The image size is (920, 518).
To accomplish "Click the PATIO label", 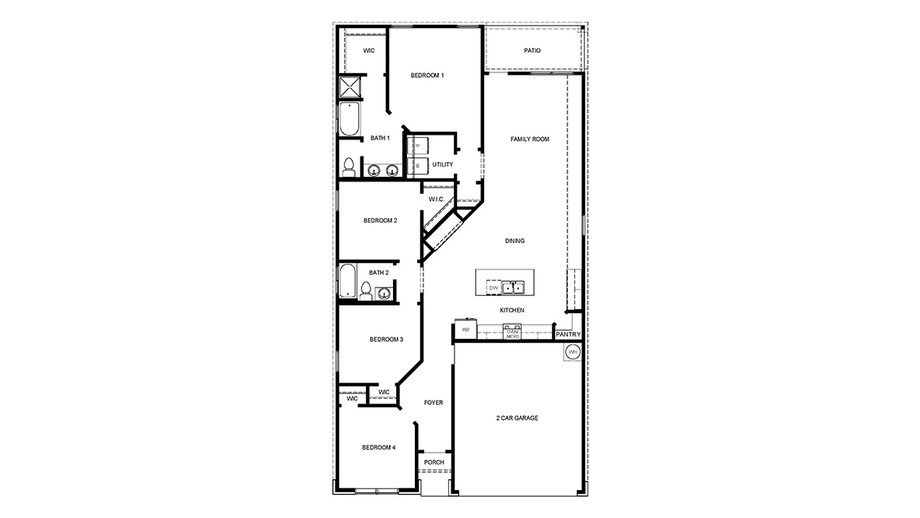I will pyautogui.click(x=532, y=51).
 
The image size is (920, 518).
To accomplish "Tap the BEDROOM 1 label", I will pyautogui.click(x=427, y=76).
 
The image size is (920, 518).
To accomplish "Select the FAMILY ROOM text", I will pyautogui.click(x=530, y=139).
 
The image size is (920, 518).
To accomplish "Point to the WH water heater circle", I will pyautogui.click(x=573, y=352).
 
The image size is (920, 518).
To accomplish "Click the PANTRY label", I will pyautogui.click(x=568, y=335).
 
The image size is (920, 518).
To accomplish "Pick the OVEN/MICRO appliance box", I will pyautogui.click(x=512, y=333).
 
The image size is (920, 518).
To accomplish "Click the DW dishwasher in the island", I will pyautogui.click(x=493, y=288).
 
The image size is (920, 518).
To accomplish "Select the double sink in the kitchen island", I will pyautogui.click(x=513, y=288).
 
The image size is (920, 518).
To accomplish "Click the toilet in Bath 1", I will pyautogui.click(x=349, y=167).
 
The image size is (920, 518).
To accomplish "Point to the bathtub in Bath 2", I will pyautogui.click(x=348, y=280).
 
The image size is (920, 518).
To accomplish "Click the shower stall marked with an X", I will pyautogui.click(x=351, y=89).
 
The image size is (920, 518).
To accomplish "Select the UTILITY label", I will pyautogui.click(x=443, y=164).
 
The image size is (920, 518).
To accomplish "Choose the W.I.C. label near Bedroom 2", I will pyautogui.click(x=436, y=199).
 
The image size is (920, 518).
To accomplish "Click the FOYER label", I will pyautogui.click(x=434, y=403).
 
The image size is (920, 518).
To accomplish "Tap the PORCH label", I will pyautogui.click(x=434, y=463).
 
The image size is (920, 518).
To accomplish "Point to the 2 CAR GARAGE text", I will pyautogui.click(x=518, y=418).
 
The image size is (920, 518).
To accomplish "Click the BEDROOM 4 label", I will pyautogui.click(x=379, y=447).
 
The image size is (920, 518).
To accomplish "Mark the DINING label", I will pyautogui.click(x=514, y=241).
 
